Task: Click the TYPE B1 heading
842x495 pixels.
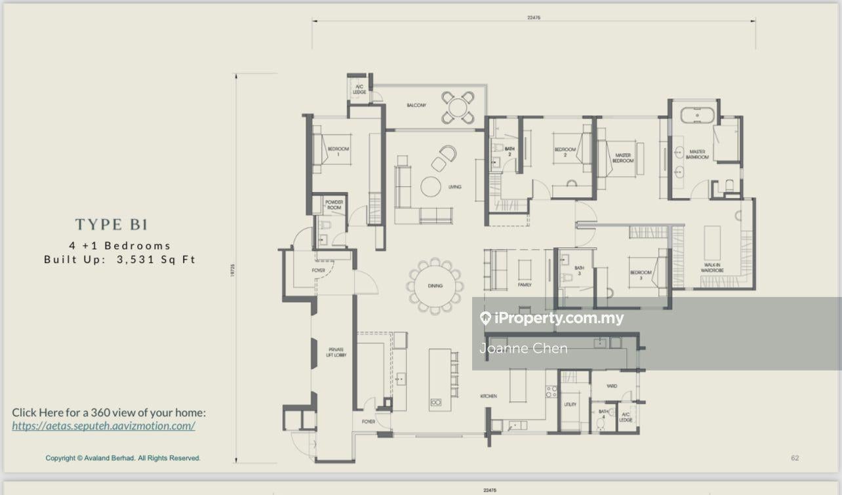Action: (111, 225)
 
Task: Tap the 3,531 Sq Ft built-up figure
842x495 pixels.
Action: (156, 260)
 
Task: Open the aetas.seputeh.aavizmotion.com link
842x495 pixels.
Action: (104, 426)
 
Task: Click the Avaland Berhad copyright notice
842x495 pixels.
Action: (123, 458)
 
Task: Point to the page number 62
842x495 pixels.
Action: (795, 458)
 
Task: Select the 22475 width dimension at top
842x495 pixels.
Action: (533, 18)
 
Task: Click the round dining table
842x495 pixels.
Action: (435, 286)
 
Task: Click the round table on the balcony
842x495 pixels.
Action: (458, 108)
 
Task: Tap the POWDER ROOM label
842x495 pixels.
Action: (334, 205)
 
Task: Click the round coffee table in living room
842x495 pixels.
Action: (431, 187)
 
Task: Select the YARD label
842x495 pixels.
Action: (612, 386)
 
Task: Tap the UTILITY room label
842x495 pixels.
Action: (570, 405)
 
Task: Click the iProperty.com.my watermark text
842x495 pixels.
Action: (559, 319)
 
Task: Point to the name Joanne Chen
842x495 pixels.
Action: (523, 348)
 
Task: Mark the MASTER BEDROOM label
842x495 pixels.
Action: (623, 158)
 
